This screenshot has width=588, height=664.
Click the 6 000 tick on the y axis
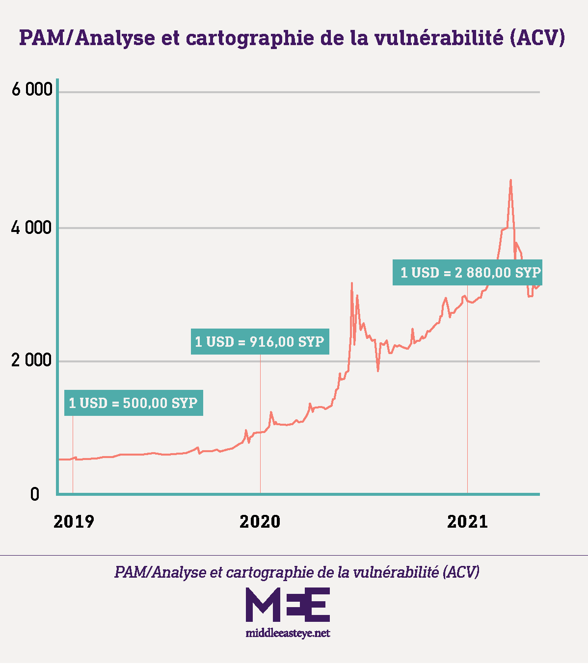pos(31,90)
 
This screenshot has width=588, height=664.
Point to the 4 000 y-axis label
pos(31,228)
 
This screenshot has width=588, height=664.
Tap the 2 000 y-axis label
pos(31,360)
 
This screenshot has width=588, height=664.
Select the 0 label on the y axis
pos(34,494)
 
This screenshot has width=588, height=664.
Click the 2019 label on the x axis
pos(74,522)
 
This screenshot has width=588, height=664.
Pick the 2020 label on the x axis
pos(260,522)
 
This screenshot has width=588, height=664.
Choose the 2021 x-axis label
pos(467,522)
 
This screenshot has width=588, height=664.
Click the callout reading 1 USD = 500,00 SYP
pos(134,403)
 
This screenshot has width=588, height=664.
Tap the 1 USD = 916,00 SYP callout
pos(260,341)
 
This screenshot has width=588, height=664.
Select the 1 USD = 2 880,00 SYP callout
pos(467,273)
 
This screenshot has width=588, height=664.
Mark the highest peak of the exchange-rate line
pos(511,180)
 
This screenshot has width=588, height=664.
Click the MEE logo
pos(288,604)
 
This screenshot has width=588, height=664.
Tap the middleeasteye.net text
pos(288,633)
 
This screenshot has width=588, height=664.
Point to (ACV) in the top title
pos(537,38)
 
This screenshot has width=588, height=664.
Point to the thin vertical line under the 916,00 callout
pos(260,422)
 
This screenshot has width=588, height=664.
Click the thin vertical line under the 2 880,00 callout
pos(467,392)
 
